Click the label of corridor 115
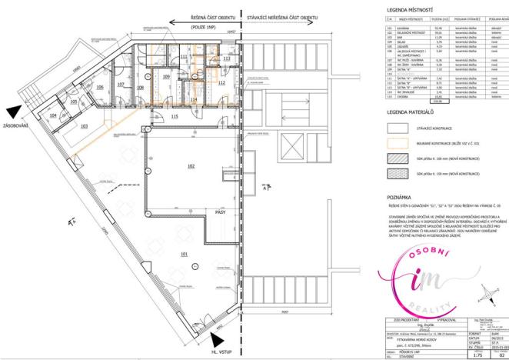coord(175,116)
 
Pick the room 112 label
coord(221,82)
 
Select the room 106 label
coord(99,88)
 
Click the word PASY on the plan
coord(219,211)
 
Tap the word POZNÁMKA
coord(401,197)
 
